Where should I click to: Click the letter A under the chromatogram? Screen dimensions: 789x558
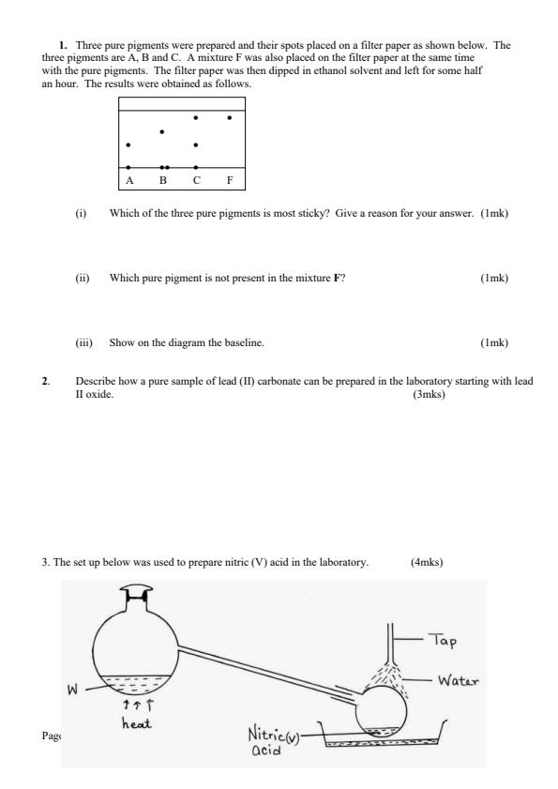128,179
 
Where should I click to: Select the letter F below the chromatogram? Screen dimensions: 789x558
230,179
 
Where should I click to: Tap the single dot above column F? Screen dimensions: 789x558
230,118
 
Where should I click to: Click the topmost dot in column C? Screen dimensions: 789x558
195,118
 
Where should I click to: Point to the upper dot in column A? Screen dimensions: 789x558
128,145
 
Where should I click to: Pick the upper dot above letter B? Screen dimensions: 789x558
162,131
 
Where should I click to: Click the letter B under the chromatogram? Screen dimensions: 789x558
162,179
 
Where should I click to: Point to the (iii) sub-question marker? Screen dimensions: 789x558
83,342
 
